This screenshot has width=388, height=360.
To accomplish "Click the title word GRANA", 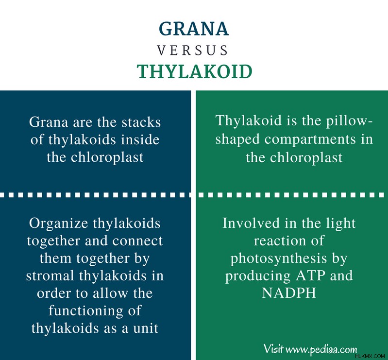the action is coord(194,29).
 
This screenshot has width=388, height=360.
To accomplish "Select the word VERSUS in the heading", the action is coord(192,50).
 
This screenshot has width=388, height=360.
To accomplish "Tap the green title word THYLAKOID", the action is coord(195,71).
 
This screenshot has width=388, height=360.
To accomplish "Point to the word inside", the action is coord(140,139).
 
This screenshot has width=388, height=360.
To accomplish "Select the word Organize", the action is coord(58,223).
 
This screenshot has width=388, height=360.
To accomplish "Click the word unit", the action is coord(146,328).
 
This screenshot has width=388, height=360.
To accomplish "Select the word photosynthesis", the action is coord(279,259).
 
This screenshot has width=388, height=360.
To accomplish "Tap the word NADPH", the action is coord(289,293).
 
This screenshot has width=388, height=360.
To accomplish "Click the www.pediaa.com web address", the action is coord(321,349).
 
